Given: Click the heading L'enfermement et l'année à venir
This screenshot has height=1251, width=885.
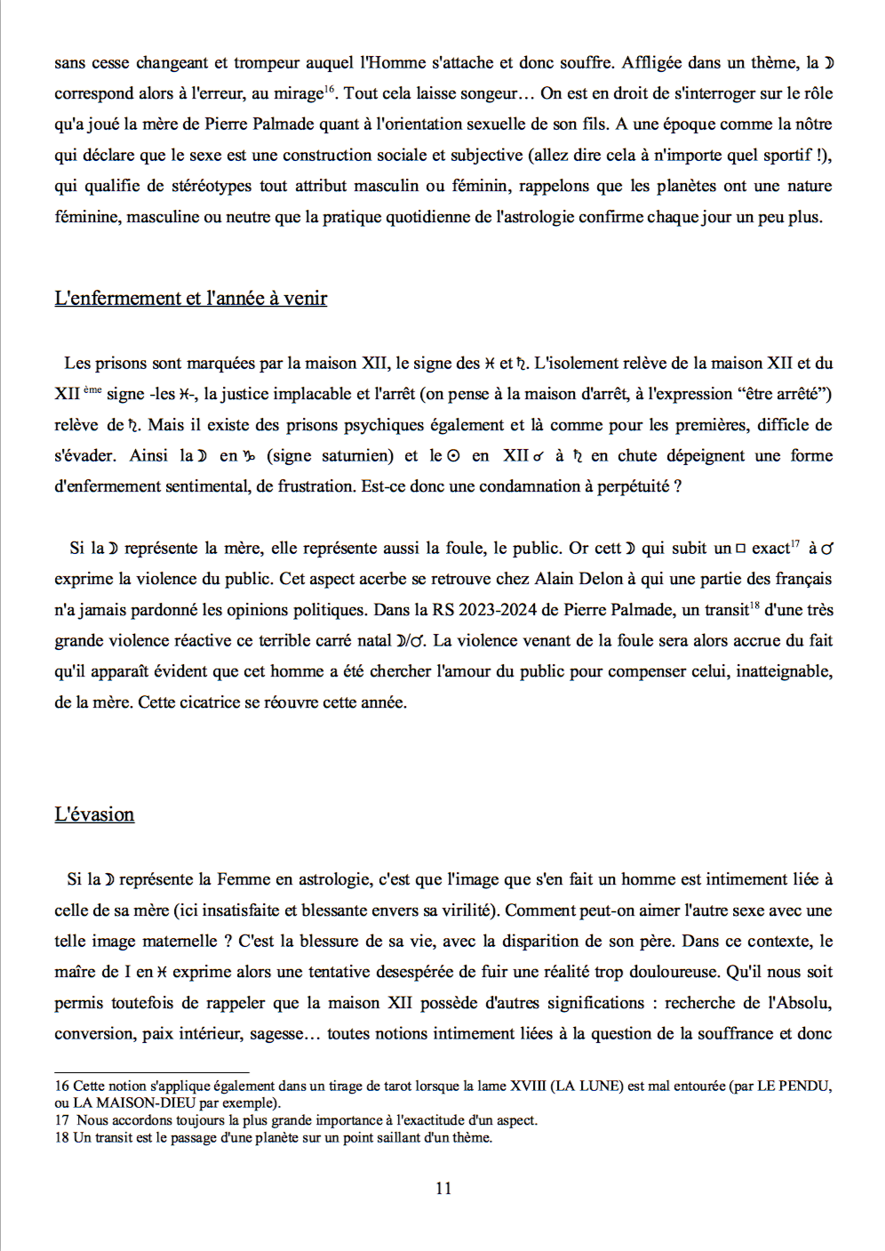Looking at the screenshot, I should [x=190, y=299].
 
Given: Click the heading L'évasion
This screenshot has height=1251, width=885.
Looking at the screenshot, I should [x=94, y=814].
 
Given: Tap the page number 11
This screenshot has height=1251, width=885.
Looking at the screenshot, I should [x=443, y=1188].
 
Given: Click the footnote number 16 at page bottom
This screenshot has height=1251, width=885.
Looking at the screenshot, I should [x=61, y=1086].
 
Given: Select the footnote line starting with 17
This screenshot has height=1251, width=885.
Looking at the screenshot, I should [x=296, y=1120].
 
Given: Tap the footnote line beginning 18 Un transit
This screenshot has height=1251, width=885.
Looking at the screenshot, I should [x=274, y=1137].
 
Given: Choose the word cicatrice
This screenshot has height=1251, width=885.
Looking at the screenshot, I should [x=219, y=702].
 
